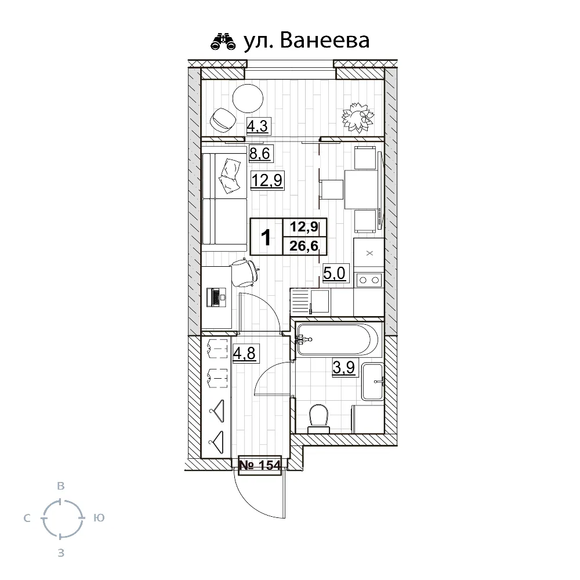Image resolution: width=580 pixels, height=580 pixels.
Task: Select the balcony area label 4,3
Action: point(259,125)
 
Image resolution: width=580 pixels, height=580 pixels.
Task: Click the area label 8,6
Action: point(260,154)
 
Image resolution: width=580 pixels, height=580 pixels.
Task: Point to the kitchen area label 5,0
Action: point(335,273)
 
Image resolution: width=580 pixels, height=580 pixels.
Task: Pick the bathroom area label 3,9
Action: point(343,368)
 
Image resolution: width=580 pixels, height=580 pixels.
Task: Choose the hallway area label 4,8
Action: point(244,353)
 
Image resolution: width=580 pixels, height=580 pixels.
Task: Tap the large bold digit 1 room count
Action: point(267,237)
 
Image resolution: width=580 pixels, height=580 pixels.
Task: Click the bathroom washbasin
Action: point(372,382)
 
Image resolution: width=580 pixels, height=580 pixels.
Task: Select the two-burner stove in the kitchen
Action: point(368,280)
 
